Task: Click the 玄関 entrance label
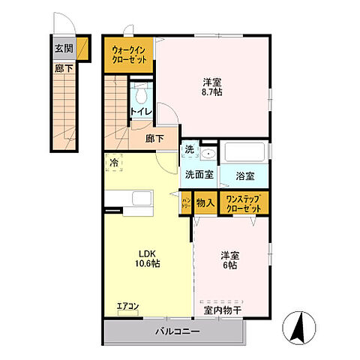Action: [63, 49]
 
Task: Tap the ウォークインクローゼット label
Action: [129, 54]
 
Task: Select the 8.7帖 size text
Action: [211, 92]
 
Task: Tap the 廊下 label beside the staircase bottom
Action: [155, 138]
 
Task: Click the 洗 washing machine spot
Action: [190, 149]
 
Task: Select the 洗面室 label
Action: [199, 174]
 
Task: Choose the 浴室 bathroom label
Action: [244, 175]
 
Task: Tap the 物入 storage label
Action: [205, 202]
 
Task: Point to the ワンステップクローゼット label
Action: [244, 202]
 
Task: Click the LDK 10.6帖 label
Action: [147, 258]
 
